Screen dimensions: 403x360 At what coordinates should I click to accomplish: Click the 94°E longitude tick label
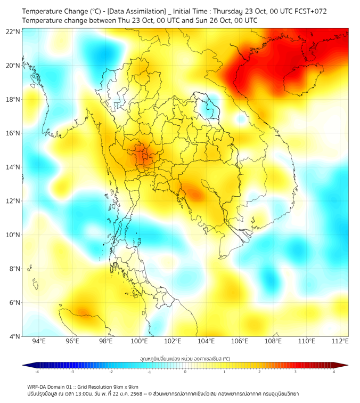39,341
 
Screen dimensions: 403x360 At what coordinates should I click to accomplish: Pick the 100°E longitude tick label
140,341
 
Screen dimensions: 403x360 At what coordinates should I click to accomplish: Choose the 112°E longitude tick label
340,341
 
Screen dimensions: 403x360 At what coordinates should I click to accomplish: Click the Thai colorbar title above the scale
185,359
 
